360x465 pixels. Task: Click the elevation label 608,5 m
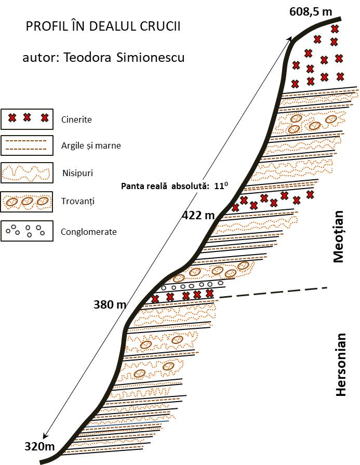(x=311, y=11)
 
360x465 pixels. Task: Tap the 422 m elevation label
(x=198, y=214)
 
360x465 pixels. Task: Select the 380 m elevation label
(x=110, y=304)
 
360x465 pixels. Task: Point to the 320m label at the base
(x=39, y=446)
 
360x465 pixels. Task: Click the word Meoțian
(x=339, y=236)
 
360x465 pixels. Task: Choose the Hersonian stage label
(x=340, y=364)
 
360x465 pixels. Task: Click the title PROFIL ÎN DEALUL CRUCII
(x=103, y=27)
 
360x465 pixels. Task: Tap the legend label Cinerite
(x=76, y=119)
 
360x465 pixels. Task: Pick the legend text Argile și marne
(x=90, y=145)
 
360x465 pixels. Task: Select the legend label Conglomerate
(x=88, y=232)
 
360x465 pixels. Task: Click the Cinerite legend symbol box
(x=27, y=118)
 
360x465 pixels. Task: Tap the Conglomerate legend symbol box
(x=27, y=231)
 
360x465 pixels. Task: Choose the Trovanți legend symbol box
(x=27, y=202)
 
